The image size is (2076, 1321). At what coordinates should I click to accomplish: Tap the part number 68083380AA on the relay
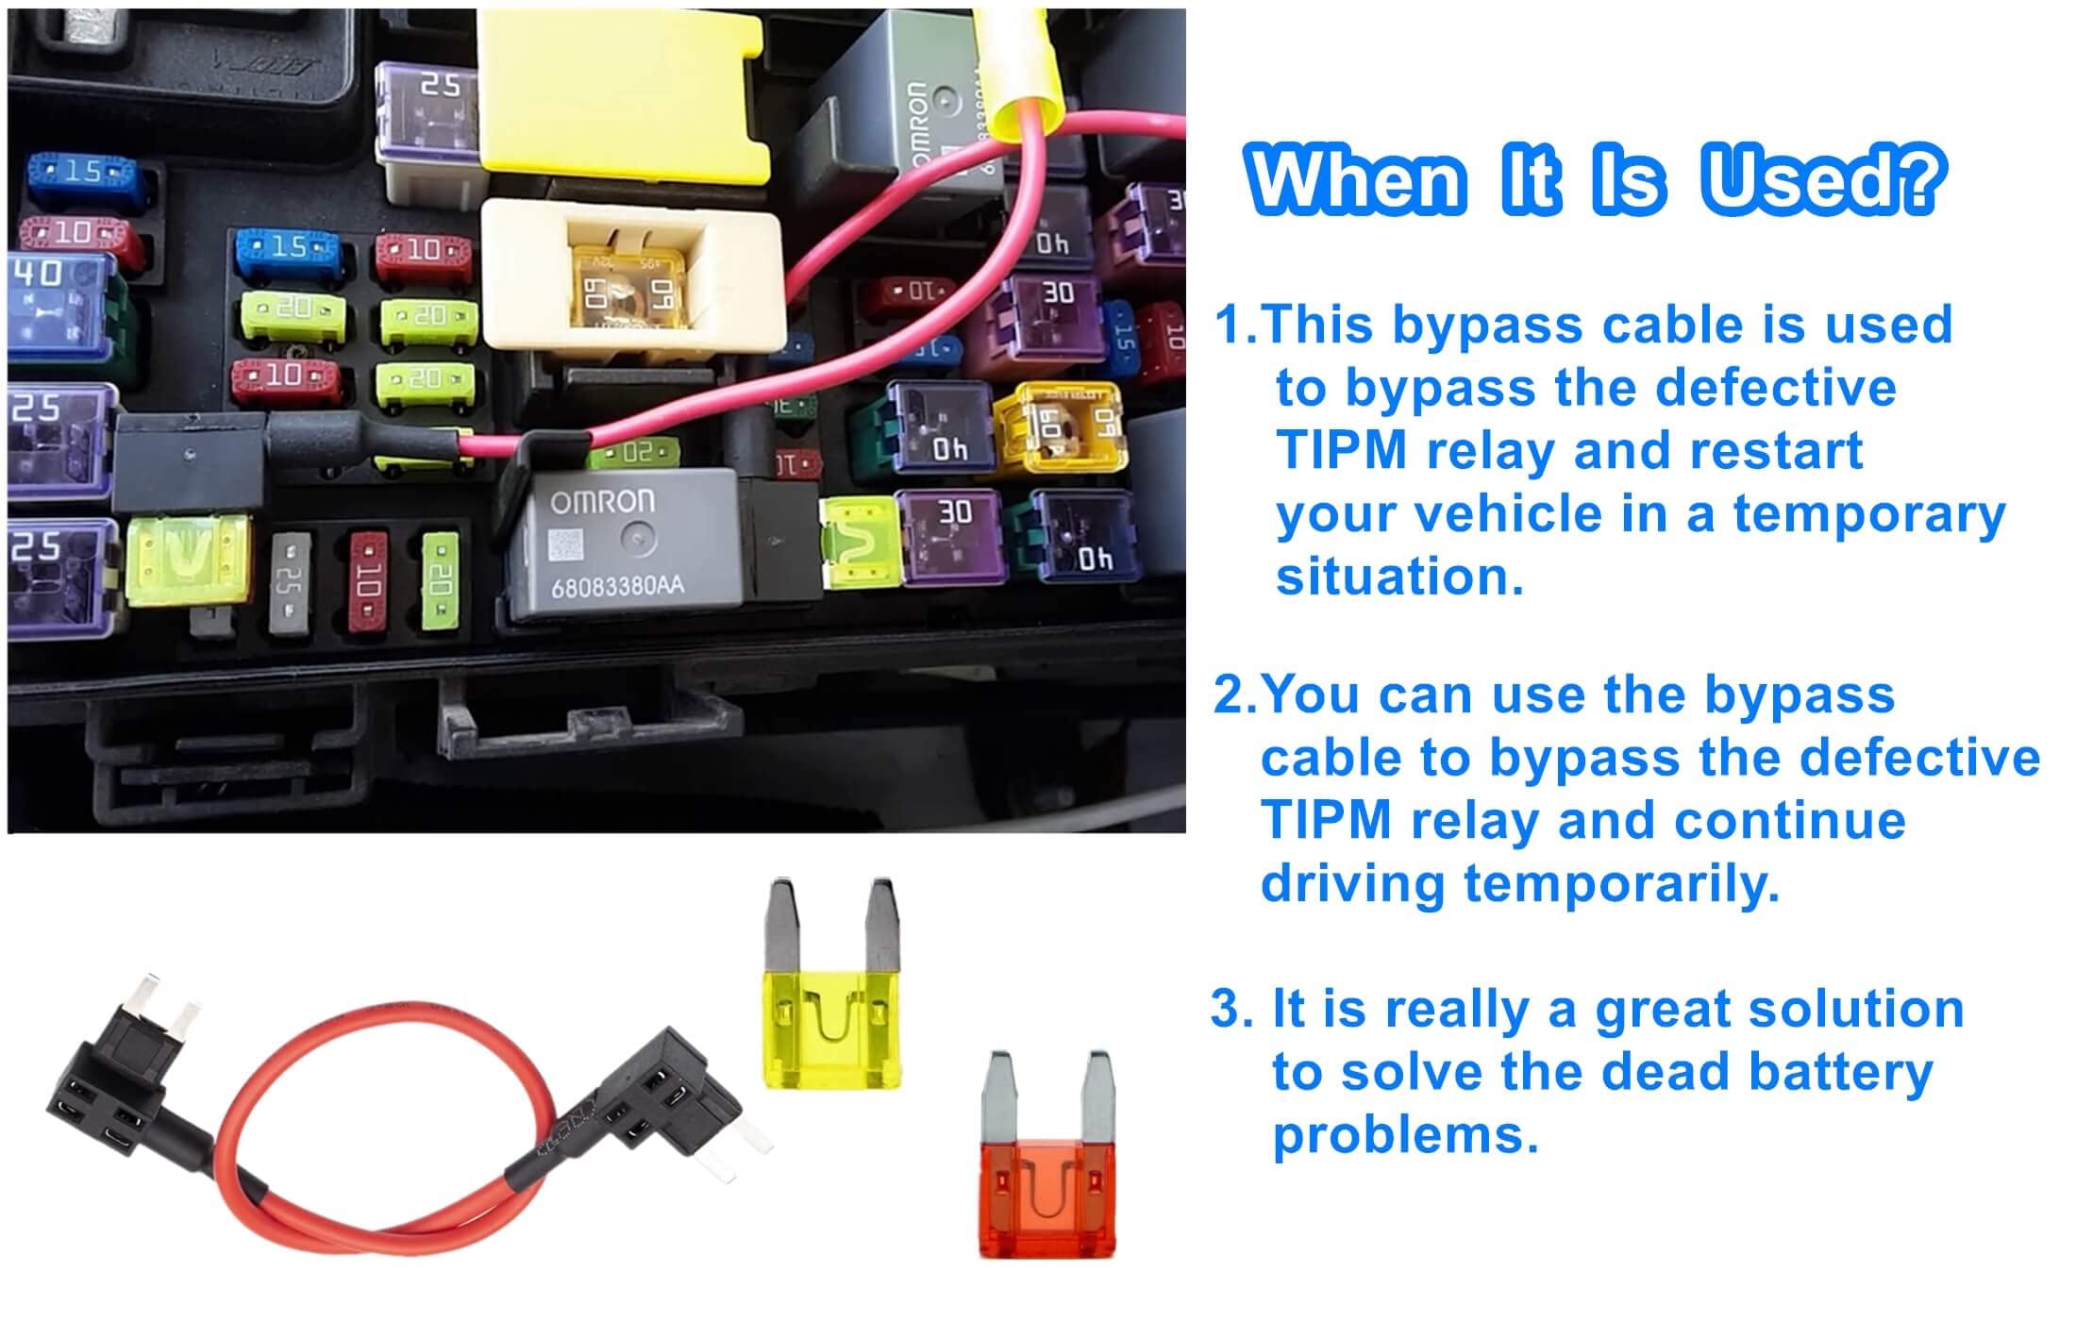pos(617,588)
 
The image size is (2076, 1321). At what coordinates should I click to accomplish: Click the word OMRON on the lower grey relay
pos(602,502)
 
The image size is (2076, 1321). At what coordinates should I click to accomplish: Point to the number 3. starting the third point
pos(1232,1010)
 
